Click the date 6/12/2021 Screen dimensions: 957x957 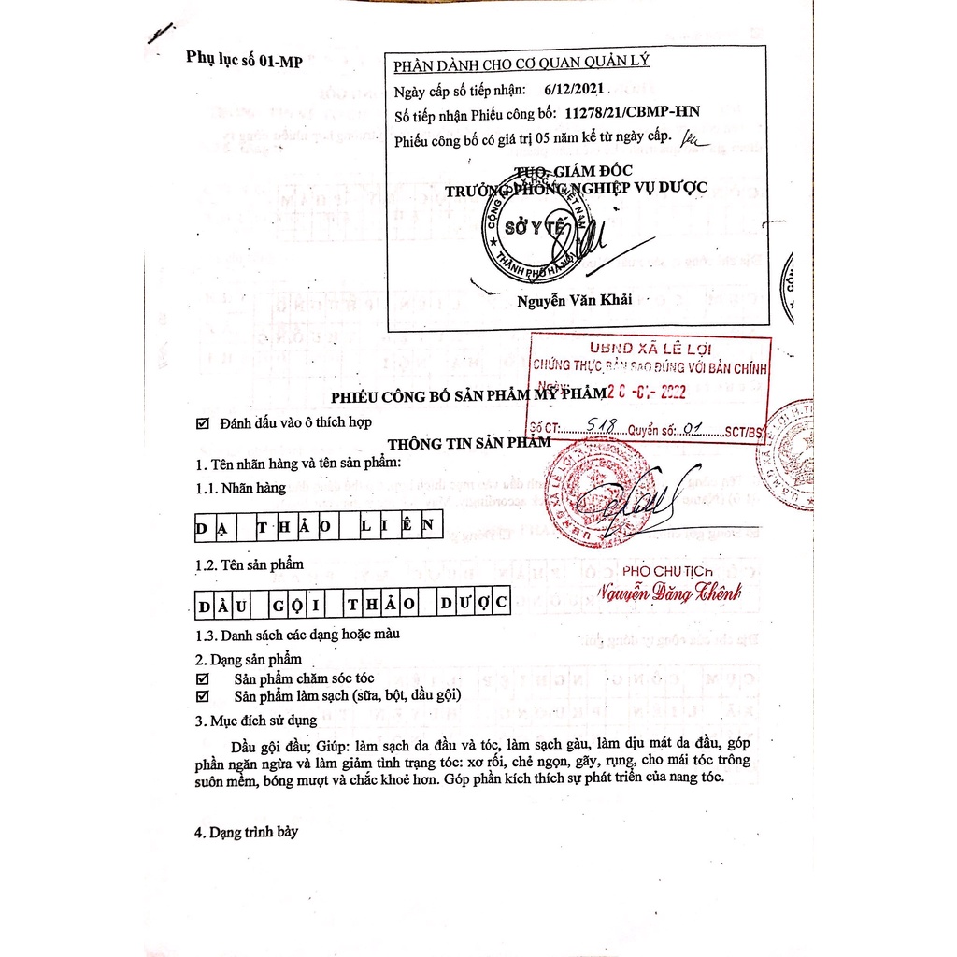(x=574, y=90)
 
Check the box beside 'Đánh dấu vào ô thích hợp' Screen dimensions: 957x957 (x=203, y=423)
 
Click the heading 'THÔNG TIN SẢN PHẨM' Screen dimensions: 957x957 (x=469, y=443)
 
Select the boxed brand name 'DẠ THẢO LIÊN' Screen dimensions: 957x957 (x=317, y=527)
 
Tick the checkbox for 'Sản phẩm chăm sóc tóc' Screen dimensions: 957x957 (x=203, y=678)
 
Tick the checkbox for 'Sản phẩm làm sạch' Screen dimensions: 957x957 (x=203, y=696)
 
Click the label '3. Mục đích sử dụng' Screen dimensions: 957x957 (x=255, y=721)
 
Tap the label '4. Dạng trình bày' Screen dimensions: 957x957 (x=246, y=831)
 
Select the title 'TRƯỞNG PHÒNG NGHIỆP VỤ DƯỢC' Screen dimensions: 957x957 (x=576, y=188)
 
